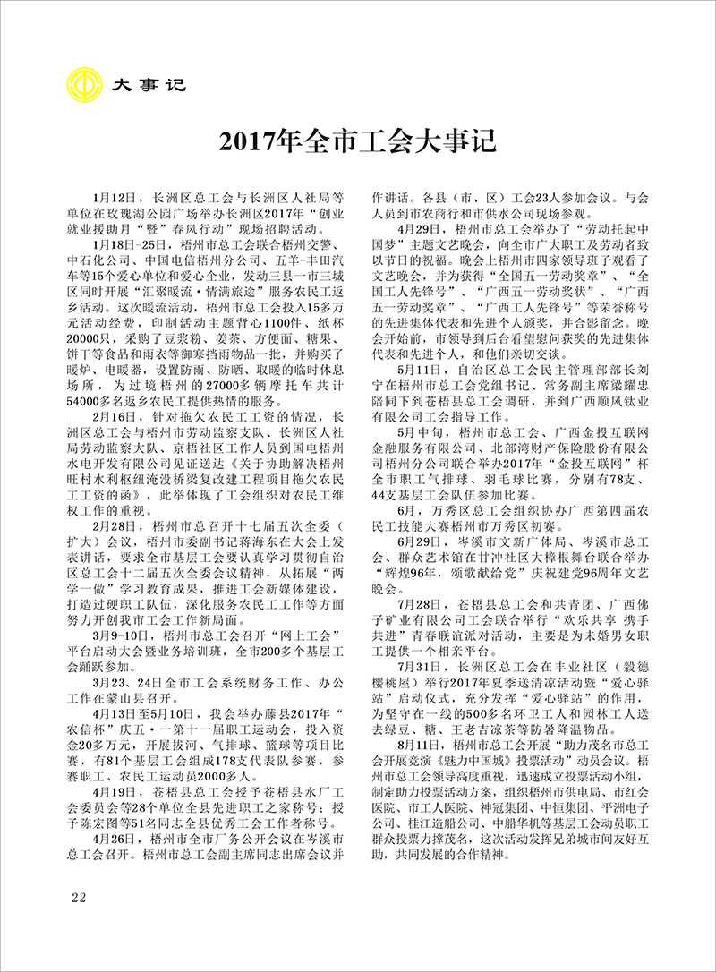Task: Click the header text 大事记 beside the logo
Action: tap(147, 86)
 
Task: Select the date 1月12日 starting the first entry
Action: tap(112, 195)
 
